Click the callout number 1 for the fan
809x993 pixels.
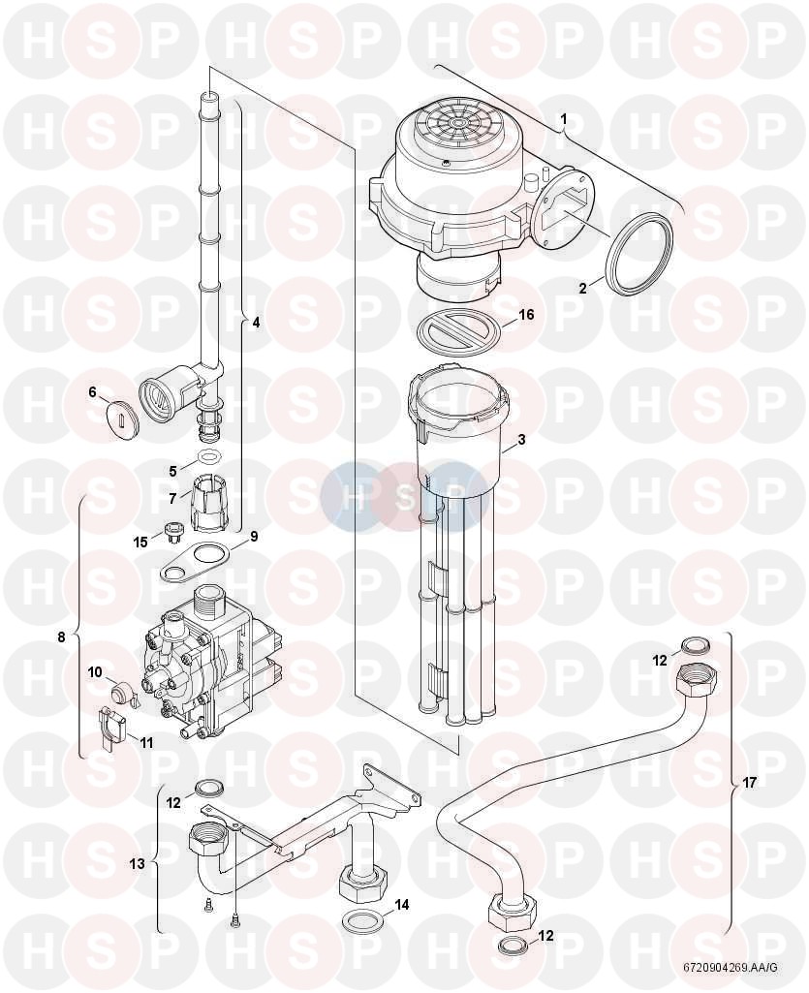tap(563, 118)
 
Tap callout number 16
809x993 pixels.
tap(527, 315)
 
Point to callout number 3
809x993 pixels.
tap(520, 440)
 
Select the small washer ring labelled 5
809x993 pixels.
tap(207, 455)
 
